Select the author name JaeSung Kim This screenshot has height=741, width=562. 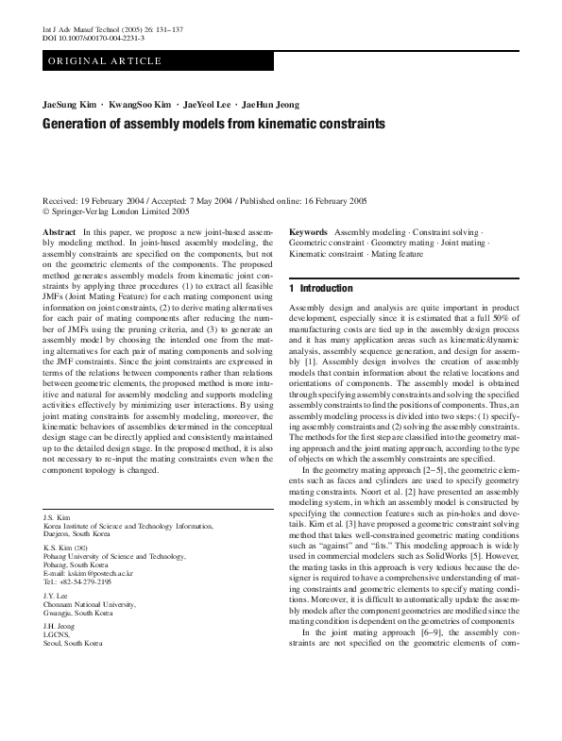[x=70, y=103]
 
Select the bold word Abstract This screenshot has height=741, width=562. [x=60, y=231]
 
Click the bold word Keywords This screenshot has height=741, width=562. [x=309, y=231]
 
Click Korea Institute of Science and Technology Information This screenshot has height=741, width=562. [x=122, y=525]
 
